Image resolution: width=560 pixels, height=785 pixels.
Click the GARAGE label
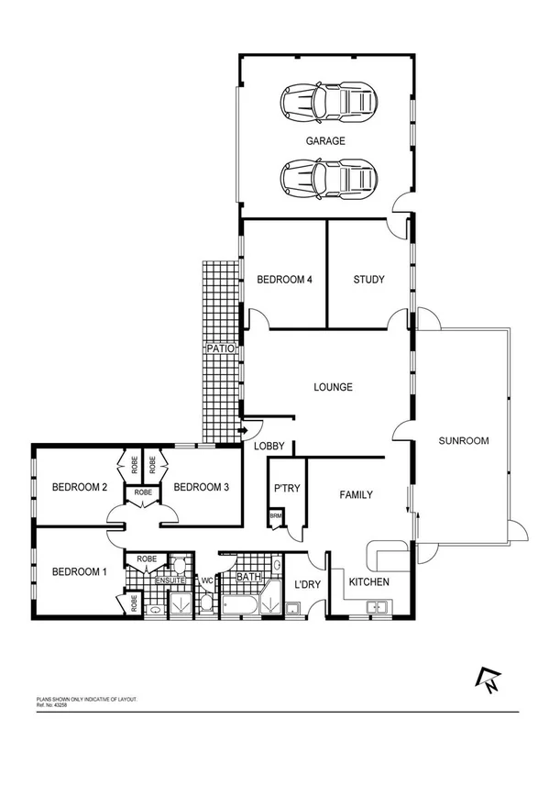click(325, 141)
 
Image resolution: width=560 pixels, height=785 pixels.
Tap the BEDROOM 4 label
click(285, 280)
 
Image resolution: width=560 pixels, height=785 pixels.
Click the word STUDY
click(368, 280)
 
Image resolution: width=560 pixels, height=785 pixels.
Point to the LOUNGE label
click(333, 387)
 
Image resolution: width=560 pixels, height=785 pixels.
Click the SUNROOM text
click(463, 440)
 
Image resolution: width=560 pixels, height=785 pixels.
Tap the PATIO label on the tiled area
click(221, 349)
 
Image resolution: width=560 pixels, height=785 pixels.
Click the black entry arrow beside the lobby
click(244, 430)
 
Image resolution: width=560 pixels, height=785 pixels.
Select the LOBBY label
click(271, 447)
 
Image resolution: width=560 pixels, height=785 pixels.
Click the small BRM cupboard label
click(274, 517)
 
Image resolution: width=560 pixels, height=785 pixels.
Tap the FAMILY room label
click(356, 495)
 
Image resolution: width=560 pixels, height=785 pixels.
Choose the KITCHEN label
click(369, 582)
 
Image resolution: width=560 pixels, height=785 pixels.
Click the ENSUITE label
click(171, 580)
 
